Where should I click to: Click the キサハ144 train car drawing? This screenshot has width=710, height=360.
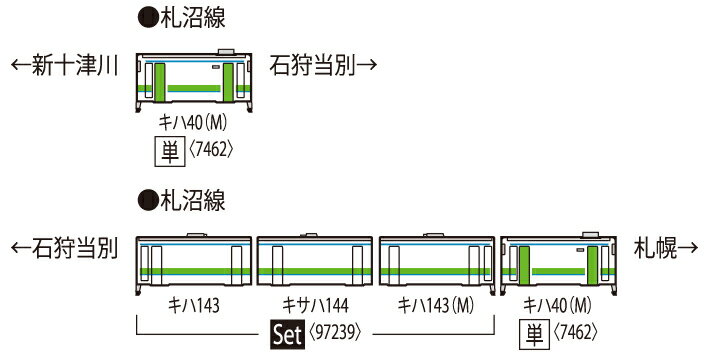coord(315,262)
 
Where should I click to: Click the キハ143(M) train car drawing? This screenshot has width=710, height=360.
coord(437,262)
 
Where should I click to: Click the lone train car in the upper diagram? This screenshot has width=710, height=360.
coord(195,81)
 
